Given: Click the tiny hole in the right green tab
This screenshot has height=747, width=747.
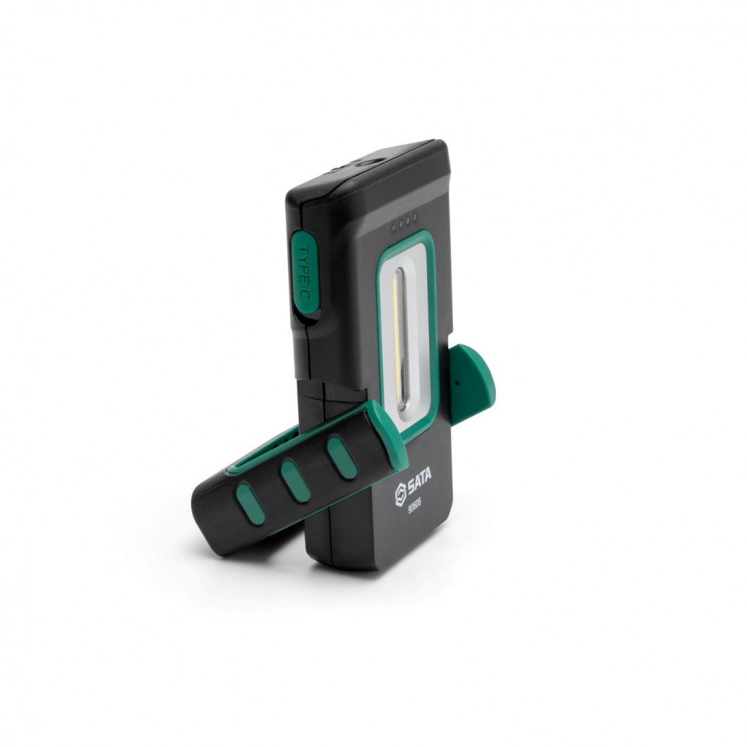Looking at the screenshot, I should [458, 382].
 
